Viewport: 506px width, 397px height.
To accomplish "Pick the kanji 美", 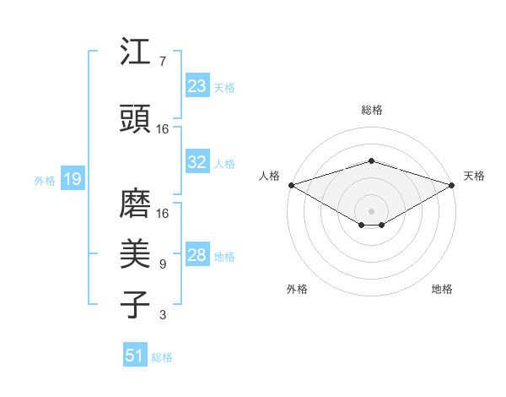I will coord(136,253).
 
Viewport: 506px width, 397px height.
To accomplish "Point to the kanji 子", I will coord(136,303).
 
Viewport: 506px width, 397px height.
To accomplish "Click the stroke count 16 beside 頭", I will coord(163,129).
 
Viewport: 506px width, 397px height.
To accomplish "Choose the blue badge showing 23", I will coord(196,85).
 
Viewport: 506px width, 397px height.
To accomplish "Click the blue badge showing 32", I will coord(196,162).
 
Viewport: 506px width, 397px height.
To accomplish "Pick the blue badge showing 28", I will coord(196,255).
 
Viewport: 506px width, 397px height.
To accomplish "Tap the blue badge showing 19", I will coord(72,178).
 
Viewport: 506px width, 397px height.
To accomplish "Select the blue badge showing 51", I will coord(135,356).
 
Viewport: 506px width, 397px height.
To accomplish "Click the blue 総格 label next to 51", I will coord(162,357).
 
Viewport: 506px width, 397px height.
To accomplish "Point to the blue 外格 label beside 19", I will coord(44,180).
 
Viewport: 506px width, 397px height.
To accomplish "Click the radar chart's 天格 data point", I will coord(453,185).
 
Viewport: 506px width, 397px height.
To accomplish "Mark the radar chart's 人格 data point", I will coord(291,185).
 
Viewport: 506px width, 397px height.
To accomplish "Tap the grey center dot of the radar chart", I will coord(371,210).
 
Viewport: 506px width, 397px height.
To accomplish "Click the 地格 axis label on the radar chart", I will coord(442,289).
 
